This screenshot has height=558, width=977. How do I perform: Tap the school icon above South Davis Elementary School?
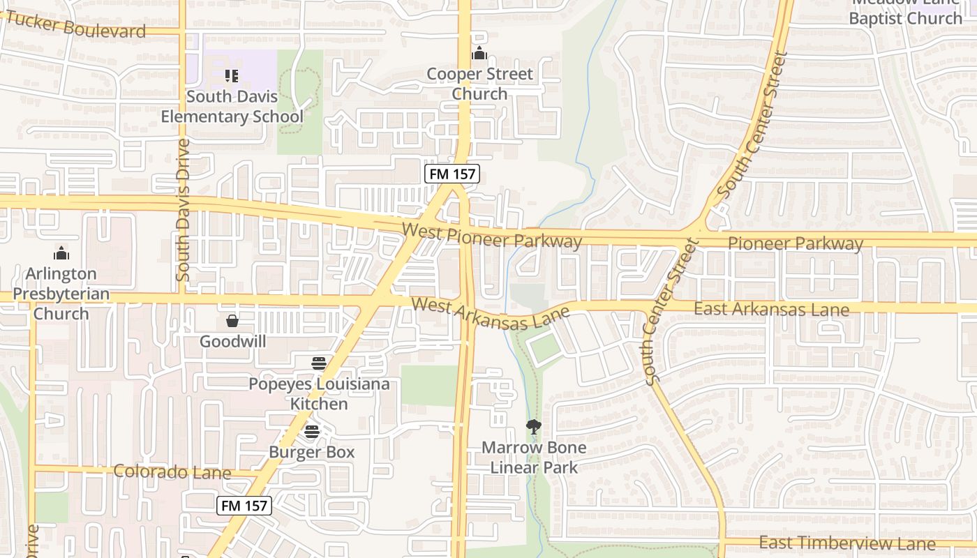232,75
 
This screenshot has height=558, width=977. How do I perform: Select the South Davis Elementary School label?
232,107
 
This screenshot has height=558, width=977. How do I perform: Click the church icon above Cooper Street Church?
479,53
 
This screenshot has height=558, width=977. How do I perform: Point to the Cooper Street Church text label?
479,84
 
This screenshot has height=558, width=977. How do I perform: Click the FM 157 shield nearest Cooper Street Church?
452,174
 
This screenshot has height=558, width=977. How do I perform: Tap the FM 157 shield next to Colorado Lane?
244,506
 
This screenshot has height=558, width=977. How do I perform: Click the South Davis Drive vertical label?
184,210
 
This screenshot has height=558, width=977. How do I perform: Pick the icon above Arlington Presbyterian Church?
61,253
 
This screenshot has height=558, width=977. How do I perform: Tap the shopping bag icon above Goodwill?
232,321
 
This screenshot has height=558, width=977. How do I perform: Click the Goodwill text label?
232,342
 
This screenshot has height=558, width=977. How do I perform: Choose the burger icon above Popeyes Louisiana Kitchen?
319,363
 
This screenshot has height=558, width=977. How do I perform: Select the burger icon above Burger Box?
312,432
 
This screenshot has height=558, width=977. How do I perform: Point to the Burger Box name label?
312,452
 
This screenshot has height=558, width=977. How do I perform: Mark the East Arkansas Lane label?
771,309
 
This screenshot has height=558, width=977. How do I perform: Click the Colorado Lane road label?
172,472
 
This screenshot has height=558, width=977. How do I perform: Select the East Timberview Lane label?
847,543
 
